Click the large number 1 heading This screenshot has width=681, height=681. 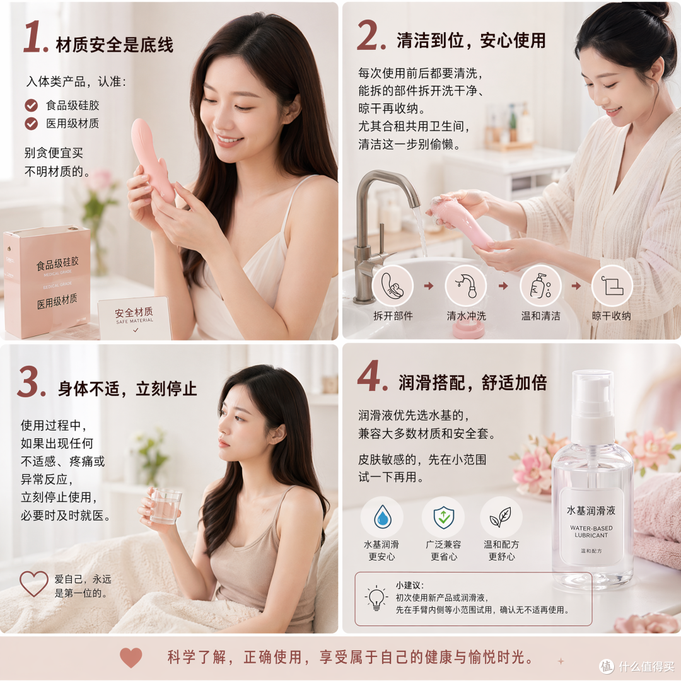point(35,37)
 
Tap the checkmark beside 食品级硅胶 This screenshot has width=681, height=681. point(32,105)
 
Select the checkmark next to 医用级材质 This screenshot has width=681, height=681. point(32,124)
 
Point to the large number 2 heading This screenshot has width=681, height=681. point(371,35)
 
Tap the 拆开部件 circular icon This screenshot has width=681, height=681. point(393,286)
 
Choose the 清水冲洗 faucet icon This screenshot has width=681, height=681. point(466,286)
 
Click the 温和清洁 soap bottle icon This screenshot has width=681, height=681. point(541,286)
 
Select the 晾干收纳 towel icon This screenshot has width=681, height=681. point(612,286)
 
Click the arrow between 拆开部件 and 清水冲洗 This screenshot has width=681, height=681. point(429,286)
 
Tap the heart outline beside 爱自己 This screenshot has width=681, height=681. point(34,584)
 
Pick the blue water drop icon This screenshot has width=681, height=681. point(383,517)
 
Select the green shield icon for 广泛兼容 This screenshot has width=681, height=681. point(443,517)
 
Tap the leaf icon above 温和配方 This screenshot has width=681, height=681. point(500,517)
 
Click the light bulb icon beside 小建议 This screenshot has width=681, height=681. point(376,598)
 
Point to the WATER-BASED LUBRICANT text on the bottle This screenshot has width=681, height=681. point(591,532)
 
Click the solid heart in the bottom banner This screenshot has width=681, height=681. point(131,657)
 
